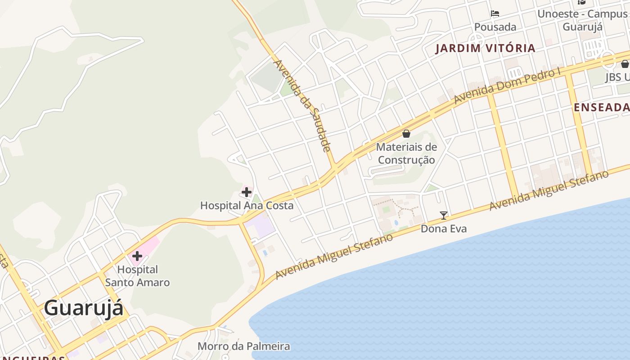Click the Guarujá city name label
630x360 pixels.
click(84, 308)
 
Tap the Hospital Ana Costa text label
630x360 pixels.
click(247, 206)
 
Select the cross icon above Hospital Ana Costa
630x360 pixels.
click(246, 192)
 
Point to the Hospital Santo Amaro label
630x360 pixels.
click(137, 276)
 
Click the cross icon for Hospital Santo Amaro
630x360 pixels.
click(137, 256)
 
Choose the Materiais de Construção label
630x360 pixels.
click(406, 153)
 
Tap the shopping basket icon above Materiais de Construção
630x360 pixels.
click(406, 133)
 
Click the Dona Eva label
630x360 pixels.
click(443, 229)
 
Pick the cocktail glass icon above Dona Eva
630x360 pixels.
click(444, 215)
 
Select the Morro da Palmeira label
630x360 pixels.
click(244, 346)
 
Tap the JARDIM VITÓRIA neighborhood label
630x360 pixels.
click(485, 48)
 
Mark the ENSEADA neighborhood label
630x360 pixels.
click(602, 107)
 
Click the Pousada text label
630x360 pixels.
click(495, 27)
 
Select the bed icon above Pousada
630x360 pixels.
click(495, 13)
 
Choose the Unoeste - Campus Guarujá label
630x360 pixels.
click(582, 20)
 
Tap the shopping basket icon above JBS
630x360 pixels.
click(625, 64)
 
